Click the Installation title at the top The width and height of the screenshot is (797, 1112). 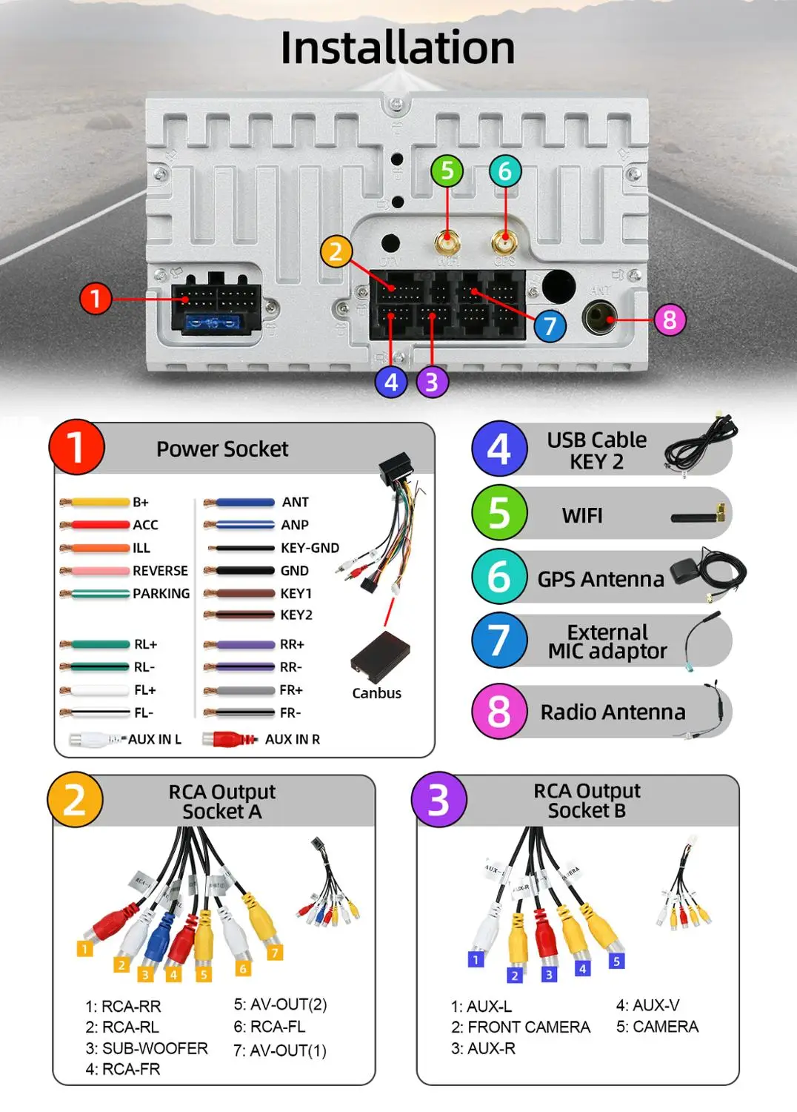pos(398,47)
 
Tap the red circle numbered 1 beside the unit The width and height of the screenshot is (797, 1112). pos(95,299)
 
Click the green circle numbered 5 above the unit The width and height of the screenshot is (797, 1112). pos(447,171)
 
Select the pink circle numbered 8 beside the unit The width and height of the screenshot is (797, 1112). pos(670,320)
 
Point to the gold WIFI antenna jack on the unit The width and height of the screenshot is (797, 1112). pos(447,242)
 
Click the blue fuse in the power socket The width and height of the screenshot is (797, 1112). pos(214,322)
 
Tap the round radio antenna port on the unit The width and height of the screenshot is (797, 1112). pos(600,318)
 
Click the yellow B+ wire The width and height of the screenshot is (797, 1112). pos(96,503)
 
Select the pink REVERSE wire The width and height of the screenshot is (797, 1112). pos(96,571)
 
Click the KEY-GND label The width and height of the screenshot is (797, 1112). pos(310,549)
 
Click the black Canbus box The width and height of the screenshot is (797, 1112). pos(381,657)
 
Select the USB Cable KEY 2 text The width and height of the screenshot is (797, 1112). pos(596,450)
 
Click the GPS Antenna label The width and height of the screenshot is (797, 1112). pos(601,579)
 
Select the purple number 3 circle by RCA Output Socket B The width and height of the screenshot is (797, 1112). pos(438,800)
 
